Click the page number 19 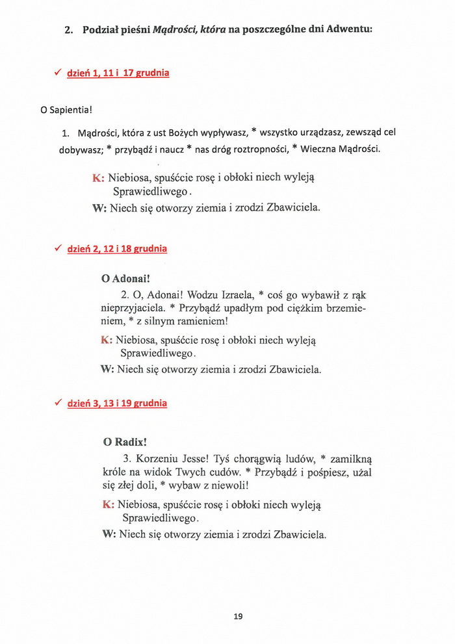[238, 616]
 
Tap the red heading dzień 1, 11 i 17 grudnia [118, 73]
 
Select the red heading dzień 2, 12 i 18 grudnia [117, 249]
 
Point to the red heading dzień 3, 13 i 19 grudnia [117, 404]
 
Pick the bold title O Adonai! [126, 278]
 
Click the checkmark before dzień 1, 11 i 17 [58, 73]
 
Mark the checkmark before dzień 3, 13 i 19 [58, 403]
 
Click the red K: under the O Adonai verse [107, 339]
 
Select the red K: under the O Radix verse [109, 504]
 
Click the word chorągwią [261, 459]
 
